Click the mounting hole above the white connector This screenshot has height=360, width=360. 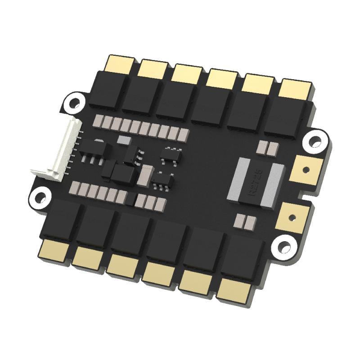coord(75,103)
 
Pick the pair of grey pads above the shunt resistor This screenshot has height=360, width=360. coord(265,148)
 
